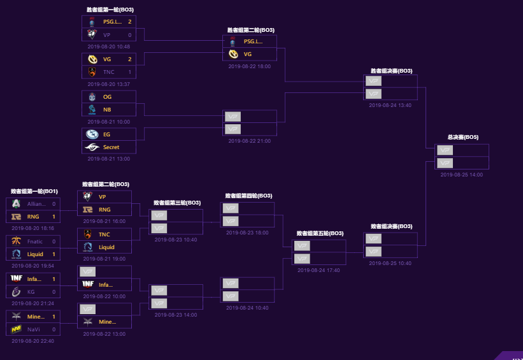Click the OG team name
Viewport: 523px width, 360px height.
click(107, 97)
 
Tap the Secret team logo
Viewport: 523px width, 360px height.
click(92, 147)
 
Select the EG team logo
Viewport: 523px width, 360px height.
click(92, 134)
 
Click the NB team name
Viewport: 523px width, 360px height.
click(107, 110)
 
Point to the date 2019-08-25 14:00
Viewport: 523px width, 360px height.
click(462, 175)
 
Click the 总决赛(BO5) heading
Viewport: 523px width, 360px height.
click(463, 137)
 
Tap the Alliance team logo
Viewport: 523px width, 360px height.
click(16, 204)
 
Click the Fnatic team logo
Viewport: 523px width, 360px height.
click(16, 241)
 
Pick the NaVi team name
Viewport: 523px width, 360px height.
click(34, 329)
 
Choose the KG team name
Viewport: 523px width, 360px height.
click(31, 291)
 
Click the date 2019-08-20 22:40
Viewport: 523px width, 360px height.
click(33, 341)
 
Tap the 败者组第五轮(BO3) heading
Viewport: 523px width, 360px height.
click(320, 234)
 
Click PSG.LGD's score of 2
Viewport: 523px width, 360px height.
click(130, 22)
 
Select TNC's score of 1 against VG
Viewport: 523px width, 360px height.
click(130, 72)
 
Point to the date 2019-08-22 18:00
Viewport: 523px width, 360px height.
click(250, 66)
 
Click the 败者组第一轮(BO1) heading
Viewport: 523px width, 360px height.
click(34, 191)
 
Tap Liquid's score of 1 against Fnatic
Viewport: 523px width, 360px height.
click(54, 254)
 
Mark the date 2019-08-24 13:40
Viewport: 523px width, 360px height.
click(390, 105)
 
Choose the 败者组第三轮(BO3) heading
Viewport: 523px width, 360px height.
click(176, 203)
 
